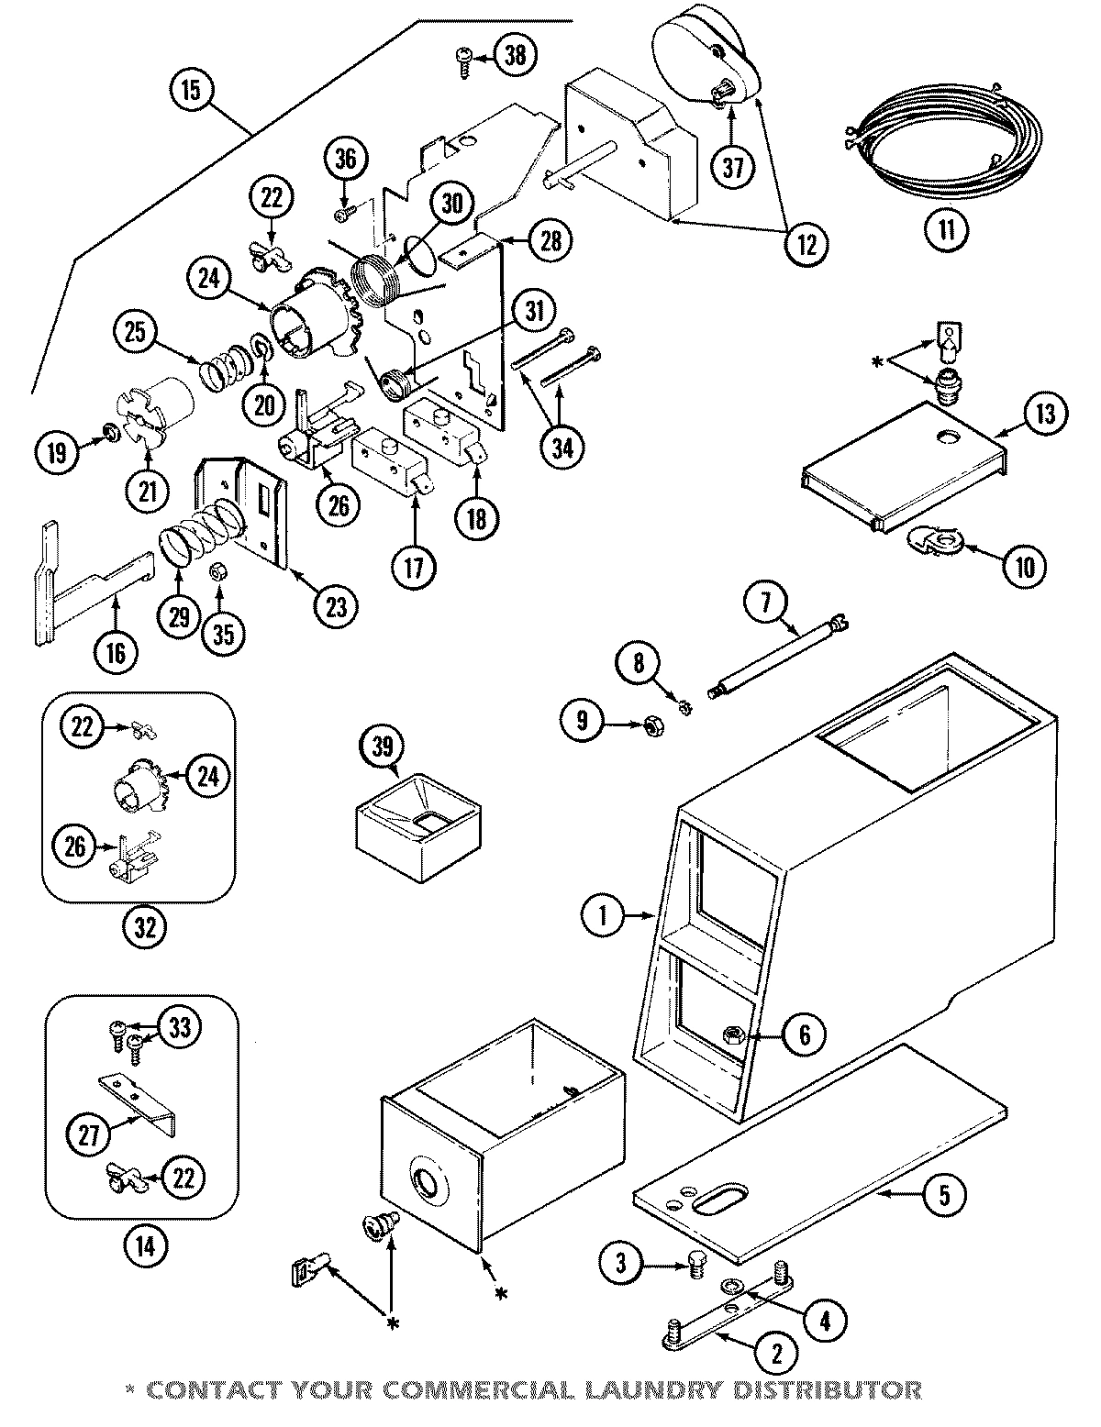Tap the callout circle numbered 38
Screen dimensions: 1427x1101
(517, 55)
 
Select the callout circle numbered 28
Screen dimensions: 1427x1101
(550, 240)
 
